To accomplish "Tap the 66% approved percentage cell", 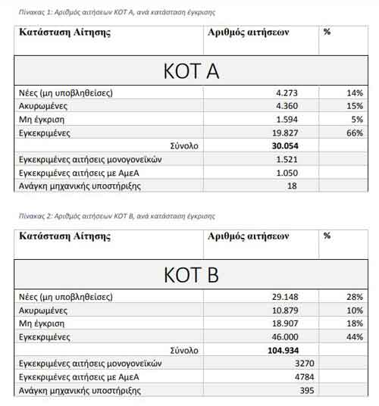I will pyautogui.click(x=353, y=132).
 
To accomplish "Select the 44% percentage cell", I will pyautogui.click(x=353, y=336).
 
